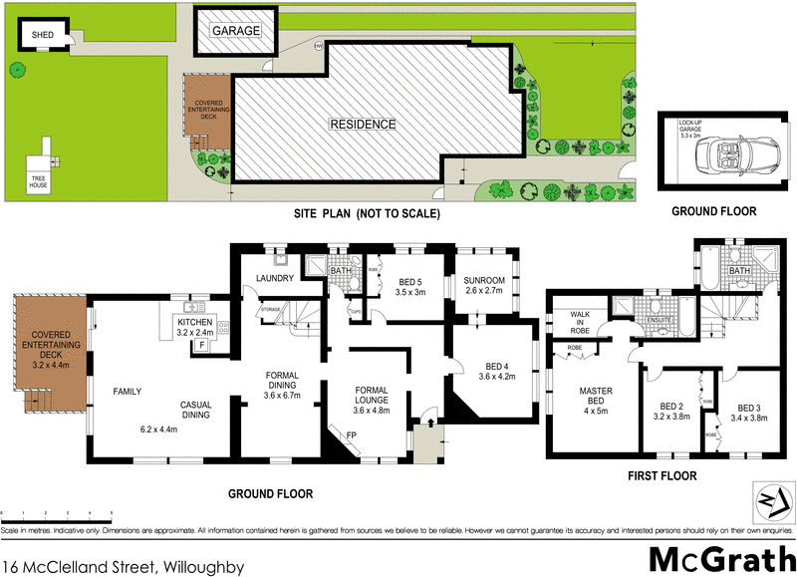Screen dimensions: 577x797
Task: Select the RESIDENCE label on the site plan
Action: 364,125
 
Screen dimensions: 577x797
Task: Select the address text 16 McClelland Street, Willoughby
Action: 124,566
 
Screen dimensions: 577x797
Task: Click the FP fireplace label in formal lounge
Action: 352,434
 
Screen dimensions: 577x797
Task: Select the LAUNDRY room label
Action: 272,278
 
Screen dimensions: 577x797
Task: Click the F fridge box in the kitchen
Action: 202,344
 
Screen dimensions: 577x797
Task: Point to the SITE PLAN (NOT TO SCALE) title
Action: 366,213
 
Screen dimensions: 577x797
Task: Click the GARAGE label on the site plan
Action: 236,31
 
